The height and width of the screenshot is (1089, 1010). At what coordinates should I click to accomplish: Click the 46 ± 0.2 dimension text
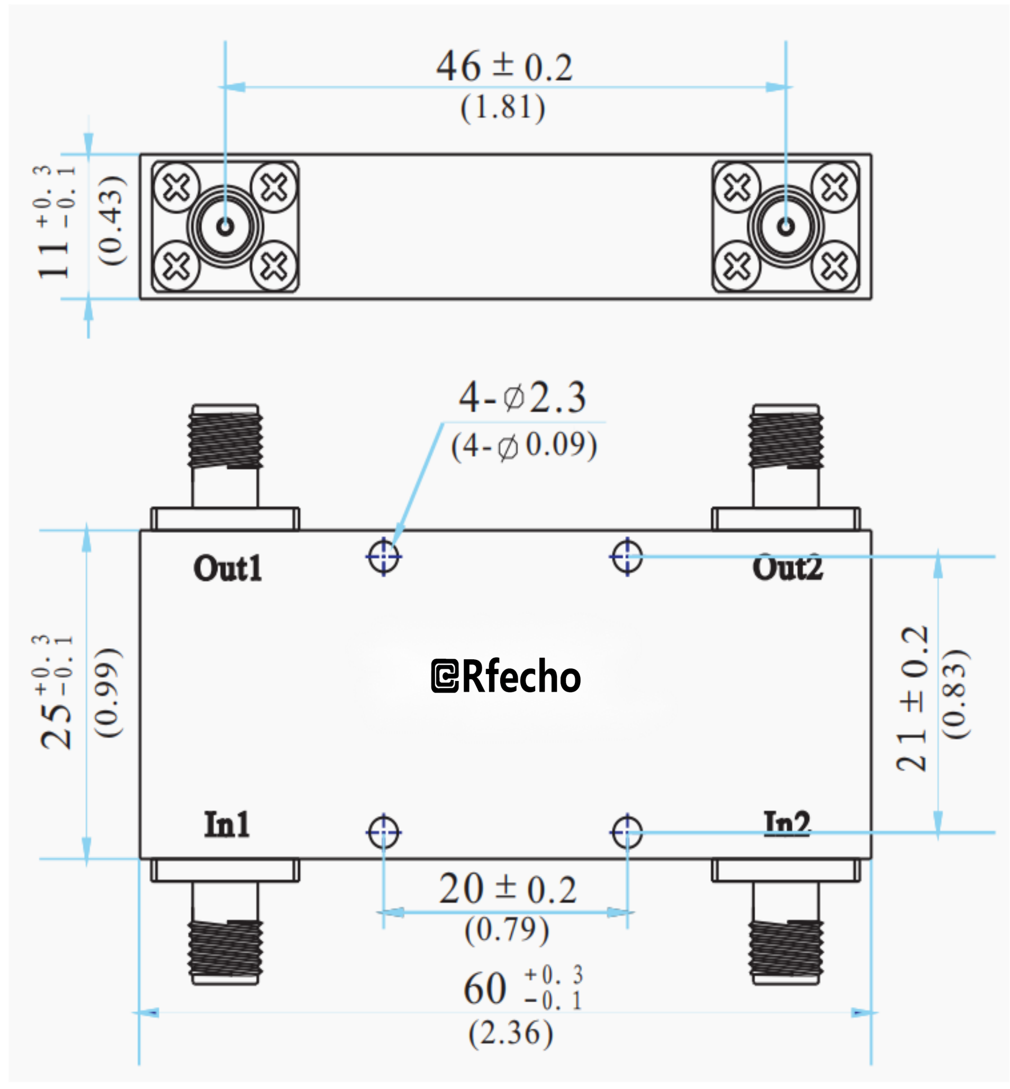pos(504,67)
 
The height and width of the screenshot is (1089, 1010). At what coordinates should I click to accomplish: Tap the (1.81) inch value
pos(502,107)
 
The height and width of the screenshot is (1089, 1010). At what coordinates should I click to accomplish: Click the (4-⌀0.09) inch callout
pos(524,446)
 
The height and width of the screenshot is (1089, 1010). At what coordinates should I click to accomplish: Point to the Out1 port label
pos(228,568)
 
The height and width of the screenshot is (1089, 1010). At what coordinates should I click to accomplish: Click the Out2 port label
pos(787,568)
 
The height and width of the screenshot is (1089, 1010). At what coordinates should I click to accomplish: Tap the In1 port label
pos(227,824)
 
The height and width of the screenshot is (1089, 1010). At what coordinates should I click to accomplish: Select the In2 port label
pos(787,823)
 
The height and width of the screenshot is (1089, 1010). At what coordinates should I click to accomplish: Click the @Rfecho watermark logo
pos(506,676)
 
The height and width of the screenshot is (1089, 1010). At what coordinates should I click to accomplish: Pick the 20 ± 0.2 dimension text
pos(507,889)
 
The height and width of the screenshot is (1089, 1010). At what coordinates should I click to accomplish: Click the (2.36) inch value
pos(510,1033)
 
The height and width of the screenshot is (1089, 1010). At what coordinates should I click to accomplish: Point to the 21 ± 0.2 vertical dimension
pos(912,698)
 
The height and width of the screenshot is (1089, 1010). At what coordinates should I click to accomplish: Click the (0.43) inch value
pos(111,221)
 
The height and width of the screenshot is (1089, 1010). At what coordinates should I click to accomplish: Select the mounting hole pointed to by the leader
pos(384,557)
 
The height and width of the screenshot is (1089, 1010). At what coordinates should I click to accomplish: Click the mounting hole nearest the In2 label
pos(627,833)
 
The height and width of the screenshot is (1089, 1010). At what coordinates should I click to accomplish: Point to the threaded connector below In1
pos(225,950)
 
